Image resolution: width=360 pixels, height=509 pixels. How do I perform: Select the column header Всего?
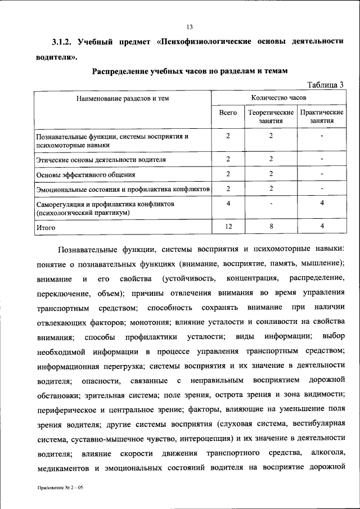click(x=228, y=113)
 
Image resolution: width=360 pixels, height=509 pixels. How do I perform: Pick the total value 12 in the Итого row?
click(x=228, y=226)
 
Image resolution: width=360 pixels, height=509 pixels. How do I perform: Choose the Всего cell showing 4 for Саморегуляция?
click(x=228, y=203)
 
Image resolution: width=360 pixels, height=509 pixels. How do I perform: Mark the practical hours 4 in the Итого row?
click(x=322, y=226)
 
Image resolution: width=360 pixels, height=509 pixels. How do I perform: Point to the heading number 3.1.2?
click(x=61, y=42)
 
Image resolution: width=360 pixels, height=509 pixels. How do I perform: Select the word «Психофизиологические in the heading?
click(x=214, y=42)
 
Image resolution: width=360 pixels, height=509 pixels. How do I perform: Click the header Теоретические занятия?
click(x=271, y=116)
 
